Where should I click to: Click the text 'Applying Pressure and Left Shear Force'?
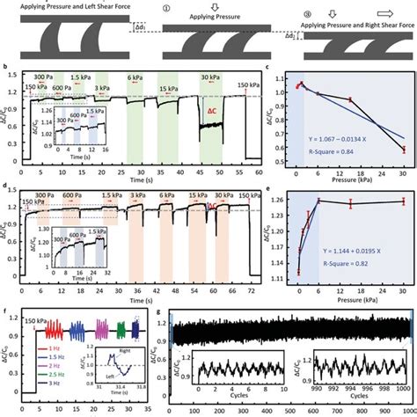[x=63, y=4]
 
